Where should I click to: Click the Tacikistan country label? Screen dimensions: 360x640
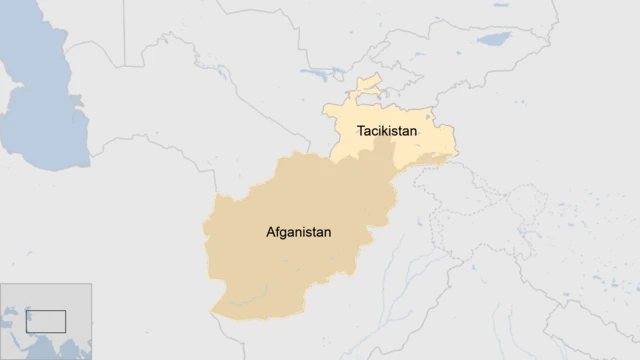pos(386,131)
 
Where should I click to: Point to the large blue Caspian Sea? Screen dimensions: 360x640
pos(40,100)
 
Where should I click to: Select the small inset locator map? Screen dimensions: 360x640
pos(46,321)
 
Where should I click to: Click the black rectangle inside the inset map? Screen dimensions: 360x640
pos(46,321)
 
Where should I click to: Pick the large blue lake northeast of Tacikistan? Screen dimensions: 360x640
pos(493,40)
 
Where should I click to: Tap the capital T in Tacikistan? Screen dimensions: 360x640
pos(360,131)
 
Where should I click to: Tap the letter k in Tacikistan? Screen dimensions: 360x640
pos(384,131)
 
